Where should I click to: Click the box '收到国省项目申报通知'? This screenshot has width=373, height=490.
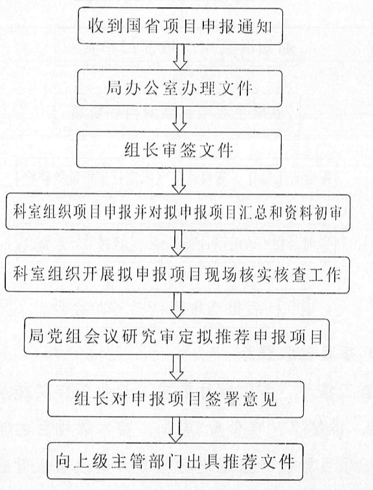(180, 26)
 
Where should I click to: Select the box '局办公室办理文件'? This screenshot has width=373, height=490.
(180, 88)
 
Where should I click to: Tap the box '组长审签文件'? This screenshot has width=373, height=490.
(179, 150)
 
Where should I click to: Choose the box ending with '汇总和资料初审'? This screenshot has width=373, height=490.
(178, 213)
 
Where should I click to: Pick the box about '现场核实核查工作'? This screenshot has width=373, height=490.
(177, 275)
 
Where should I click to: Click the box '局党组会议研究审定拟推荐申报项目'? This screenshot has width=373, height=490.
(177, 337)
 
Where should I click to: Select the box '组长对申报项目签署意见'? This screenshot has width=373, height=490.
(175, 399)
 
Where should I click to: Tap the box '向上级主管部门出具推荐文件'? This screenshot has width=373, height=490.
(175, 461)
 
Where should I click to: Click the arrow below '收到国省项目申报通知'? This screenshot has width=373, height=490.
(180, 57)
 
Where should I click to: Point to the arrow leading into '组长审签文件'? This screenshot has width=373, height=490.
(179, 119)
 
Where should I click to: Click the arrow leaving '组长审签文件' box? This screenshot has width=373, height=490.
(179, 181)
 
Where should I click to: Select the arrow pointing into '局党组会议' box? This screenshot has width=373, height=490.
(177, 306)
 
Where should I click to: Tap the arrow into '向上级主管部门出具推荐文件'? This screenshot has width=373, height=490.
(175, 430)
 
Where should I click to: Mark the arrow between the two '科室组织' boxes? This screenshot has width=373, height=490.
(178, 244)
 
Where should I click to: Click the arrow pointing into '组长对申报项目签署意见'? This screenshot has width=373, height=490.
(177, 367)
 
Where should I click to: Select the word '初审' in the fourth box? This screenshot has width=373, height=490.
(326, 213)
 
